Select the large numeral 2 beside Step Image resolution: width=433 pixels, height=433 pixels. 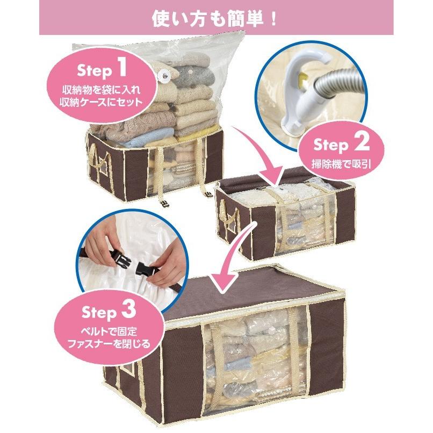click(x=361, y=143)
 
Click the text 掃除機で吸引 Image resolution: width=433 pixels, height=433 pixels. click(x=339, y=162)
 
